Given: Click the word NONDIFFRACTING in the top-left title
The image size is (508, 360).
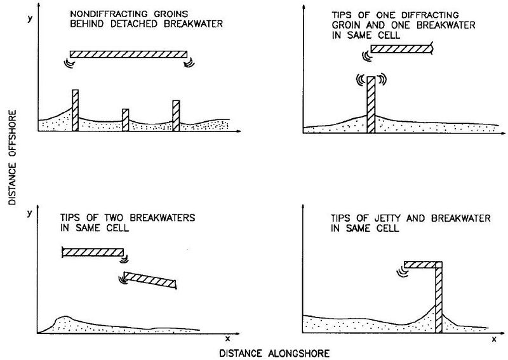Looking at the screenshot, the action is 109,14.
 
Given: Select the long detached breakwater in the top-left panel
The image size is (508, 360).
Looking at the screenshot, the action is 129,54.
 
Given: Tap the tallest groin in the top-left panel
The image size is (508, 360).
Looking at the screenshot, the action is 75,110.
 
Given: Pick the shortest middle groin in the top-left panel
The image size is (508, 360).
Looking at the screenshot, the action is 125,120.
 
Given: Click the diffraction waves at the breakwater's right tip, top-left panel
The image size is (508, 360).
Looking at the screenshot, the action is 189,62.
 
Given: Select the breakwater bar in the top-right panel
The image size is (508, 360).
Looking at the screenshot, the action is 402,49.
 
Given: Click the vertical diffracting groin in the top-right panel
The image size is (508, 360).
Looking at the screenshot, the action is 371,105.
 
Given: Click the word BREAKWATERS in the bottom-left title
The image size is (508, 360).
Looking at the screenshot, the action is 163,217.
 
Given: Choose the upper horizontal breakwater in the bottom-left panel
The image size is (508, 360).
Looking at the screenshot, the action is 93,253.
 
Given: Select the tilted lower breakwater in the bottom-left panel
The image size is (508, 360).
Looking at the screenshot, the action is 150,280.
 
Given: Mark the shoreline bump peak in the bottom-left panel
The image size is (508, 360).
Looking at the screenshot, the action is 65,317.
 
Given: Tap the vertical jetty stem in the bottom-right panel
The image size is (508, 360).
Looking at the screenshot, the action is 439,297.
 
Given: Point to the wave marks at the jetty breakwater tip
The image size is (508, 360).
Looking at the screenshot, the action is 402,272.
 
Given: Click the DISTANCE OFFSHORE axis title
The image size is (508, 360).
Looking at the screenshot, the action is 12,157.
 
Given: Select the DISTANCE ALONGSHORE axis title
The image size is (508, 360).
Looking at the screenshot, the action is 274,353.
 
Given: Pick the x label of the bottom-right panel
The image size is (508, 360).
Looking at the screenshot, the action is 494,340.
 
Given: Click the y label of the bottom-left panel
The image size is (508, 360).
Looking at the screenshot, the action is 30,213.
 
